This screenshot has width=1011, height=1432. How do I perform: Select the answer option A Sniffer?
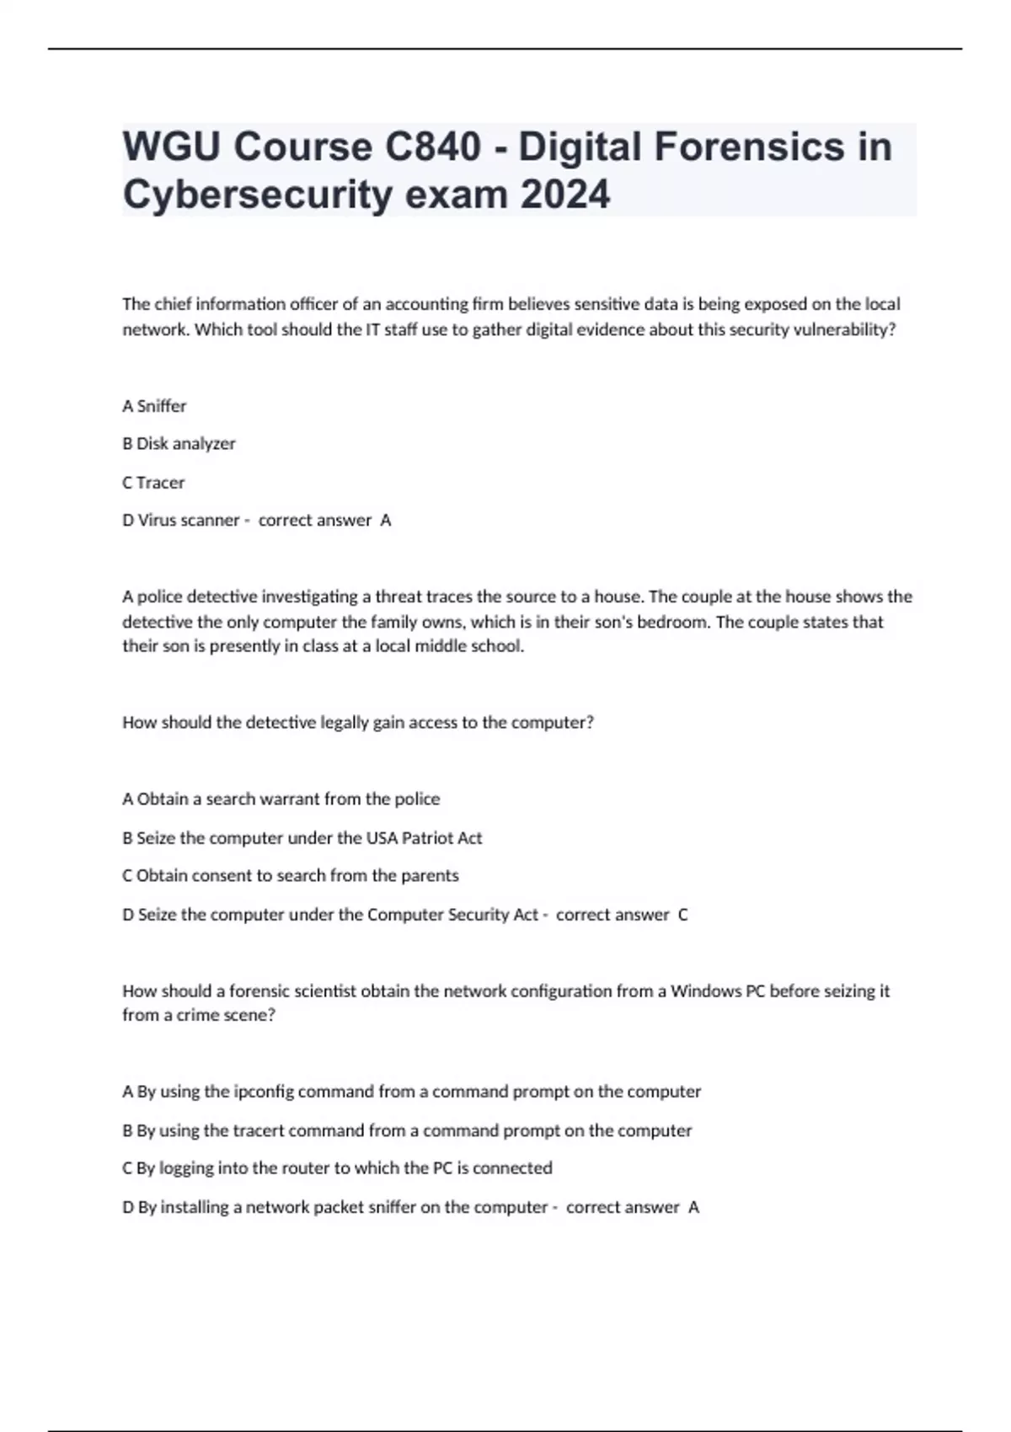(x=154, y=406)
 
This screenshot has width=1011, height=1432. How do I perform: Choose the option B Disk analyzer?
(x=179, y=444)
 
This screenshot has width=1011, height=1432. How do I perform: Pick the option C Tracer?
(x=153, y=483)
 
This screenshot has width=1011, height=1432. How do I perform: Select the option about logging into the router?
(x=337, y=1168)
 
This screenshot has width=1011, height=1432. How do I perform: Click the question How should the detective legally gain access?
(x=358, y=723)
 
